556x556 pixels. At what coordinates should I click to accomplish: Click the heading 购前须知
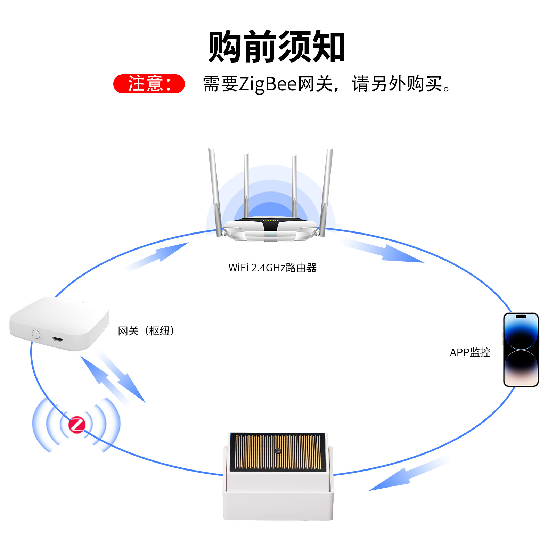tap(276, 47)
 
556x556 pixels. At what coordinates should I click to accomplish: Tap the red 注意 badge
tap(149, 84)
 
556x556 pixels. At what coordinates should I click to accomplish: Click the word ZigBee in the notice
tap(268, 84)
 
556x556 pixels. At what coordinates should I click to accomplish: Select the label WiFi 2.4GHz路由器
tap(272, 268)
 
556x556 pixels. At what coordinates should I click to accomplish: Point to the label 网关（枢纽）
tap(146, 331)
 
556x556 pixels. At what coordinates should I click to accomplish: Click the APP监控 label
tap(470, 352)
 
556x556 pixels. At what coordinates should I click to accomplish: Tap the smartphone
tap(521, 350)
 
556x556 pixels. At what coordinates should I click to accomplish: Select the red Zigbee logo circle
tap(77, 425)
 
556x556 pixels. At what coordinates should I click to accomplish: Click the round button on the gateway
tap(36, 334)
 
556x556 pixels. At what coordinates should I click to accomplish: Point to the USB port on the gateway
tap(57, 338)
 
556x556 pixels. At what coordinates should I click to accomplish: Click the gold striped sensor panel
tap(278, 451)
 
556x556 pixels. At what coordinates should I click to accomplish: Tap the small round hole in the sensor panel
tap(278, 451)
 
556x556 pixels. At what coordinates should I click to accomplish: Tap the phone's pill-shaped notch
tap(521, 317)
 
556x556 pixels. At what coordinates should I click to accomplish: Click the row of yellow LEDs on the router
tap(270, 220)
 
